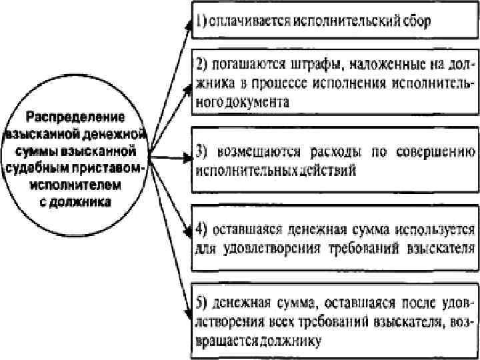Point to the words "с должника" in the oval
[x=79, y=199]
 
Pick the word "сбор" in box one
[x=415, y=20]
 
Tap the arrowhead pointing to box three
[x=187, y=159]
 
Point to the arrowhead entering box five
[x=188, y=311]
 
